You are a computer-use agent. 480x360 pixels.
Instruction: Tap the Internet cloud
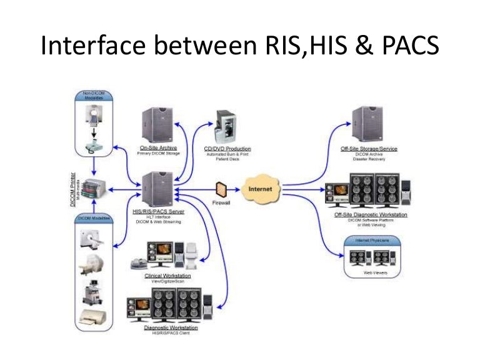259,188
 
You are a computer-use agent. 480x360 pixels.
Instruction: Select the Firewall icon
221,189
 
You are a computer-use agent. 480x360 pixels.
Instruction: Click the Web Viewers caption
372,272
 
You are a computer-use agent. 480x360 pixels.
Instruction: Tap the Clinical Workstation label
167,275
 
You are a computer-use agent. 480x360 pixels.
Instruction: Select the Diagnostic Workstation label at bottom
166,328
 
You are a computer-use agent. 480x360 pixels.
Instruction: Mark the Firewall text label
221,204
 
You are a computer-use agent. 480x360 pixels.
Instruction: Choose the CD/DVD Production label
227,149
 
